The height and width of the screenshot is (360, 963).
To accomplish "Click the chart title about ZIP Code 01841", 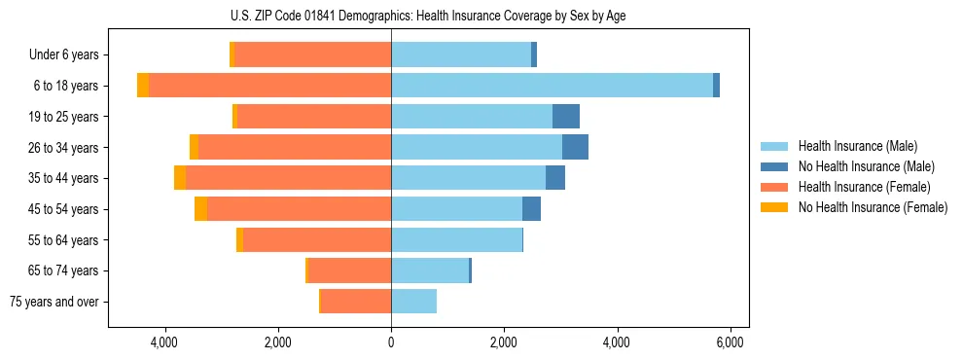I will coord(428,17).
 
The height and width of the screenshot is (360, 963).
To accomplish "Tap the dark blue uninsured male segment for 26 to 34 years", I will coord(575,147).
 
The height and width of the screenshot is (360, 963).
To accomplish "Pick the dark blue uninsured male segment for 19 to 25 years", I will coord(566,117).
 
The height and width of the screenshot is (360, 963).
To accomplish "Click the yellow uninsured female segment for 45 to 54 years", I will coord(200,209).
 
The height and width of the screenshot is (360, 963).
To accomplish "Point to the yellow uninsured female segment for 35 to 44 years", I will coord(180,178).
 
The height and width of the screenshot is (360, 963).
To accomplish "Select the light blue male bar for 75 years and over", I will coord(413,302).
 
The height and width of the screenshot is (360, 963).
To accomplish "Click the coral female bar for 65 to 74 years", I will coord(350,270).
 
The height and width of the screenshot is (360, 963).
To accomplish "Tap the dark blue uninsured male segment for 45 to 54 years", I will coord(531,209).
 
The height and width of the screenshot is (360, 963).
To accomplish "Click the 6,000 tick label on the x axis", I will coord(730,342).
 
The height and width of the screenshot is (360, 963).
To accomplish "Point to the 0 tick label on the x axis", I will coord(391,342).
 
